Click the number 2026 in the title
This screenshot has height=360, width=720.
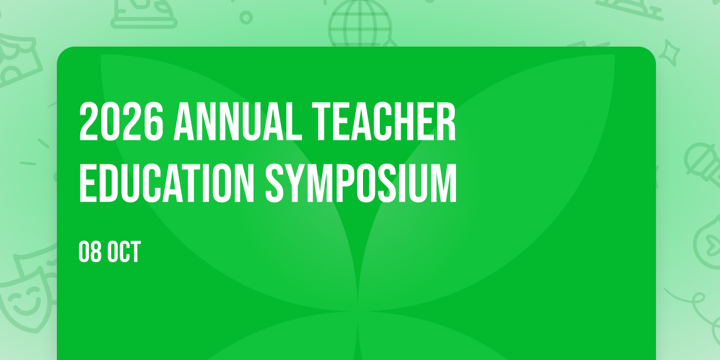121,121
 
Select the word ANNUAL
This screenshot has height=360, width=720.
238,121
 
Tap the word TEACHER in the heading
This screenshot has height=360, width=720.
384,121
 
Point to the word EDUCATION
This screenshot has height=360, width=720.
167,183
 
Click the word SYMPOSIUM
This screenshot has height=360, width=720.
361,183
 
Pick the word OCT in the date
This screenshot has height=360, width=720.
124,251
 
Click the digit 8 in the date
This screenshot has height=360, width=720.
95,251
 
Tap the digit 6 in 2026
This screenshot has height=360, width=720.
154,121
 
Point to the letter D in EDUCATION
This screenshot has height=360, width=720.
111,183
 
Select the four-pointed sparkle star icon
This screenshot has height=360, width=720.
670,52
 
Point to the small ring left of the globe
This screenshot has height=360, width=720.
246,17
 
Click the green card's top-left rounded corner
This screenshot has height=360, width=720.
62,52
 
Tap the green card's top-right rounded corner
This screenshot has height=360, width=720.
651,52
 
